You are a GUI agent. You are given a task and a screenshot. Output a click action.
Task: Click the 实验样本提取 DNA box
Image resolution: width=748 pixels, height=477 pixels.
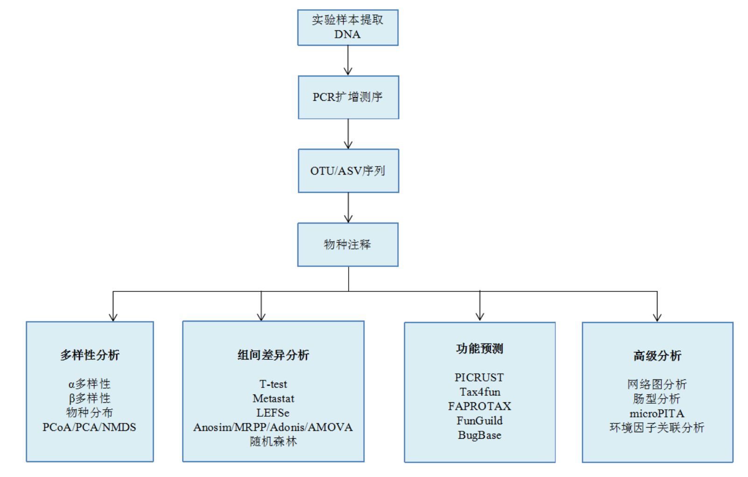[x=348, y=27]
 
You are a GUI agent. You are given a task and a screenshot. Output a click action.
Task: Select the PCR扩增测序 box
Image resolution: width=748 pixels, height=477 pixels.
[x=348, y=97]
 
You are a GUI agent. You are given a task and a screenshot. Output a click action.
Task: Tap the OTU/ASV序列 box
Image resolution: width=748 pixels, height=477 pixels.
[x=348, y=171]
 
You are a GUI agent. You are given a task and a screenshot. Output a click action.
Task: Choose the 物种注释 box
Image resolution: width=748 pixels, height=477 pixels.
[x=348, y=245]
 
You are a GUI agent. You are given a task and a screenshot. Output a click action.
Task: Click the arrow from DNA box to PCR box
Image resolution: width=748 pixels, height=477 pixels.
[x=348, y=61]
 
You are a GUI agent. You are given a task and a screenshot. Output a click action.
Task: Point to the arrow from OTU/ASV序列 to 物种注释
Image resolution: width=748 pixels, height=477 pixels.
[x=348, y=208]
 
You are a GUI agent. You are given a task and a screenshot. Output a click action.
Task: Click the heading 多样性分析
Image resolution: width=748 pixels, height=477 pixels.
[x=90, y=355]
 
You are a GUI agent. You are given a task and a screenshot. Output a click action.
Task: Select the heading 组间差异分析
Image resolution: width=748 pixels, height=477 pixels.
[x=273, y=355]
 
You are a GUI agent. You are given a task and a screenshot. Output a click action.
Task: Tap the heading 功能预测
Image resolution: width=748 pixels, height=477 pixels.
[x=480, y=349]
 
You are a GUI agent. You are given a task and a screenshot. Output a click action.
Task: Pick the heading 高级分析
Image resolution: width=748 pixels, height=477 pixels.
[x=657, y=356]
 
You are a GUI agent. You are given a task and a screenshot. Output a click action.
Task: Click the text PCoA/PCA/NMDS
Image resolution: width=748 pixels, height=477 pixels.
[x=89, y=427]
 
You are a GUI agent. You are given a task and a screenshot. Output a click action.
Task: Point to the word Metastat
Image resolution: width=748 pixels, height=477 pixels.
[x=273, y=399]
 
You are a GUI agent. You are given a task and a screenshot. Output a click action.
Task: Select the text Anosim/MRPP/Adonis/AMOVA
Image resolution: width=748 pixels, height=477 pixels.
[x=273, y=427]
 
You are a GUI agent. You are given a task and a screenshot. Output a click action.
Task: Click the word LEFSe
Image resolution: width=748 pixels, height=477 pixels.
[x=273, y=413]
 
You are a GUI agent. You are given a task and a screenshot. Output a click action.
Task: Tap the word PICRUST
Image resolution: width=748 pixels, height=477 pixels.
[x=480, y=377]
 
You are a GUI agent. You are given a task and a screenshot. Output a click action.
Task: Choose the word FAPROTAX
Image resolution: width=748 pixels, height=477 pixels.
[x=480, y=406]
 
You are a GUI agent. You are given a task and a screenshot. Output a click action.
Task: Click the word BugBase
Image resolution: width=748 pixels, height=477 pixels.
[x=480, y=435]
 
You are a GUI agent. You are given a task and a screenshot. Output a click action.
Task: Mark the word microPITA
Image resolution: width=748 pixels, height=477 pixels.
[x=657, y=414]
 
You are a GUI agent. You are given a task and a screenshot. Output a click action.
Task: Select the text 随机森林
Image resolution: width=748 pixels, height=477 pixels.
[x=273, y=442]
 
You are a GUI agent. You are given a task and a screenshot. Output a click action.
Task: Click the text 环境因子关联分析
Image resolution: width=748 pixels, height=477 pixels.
[x=657, y=428]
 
